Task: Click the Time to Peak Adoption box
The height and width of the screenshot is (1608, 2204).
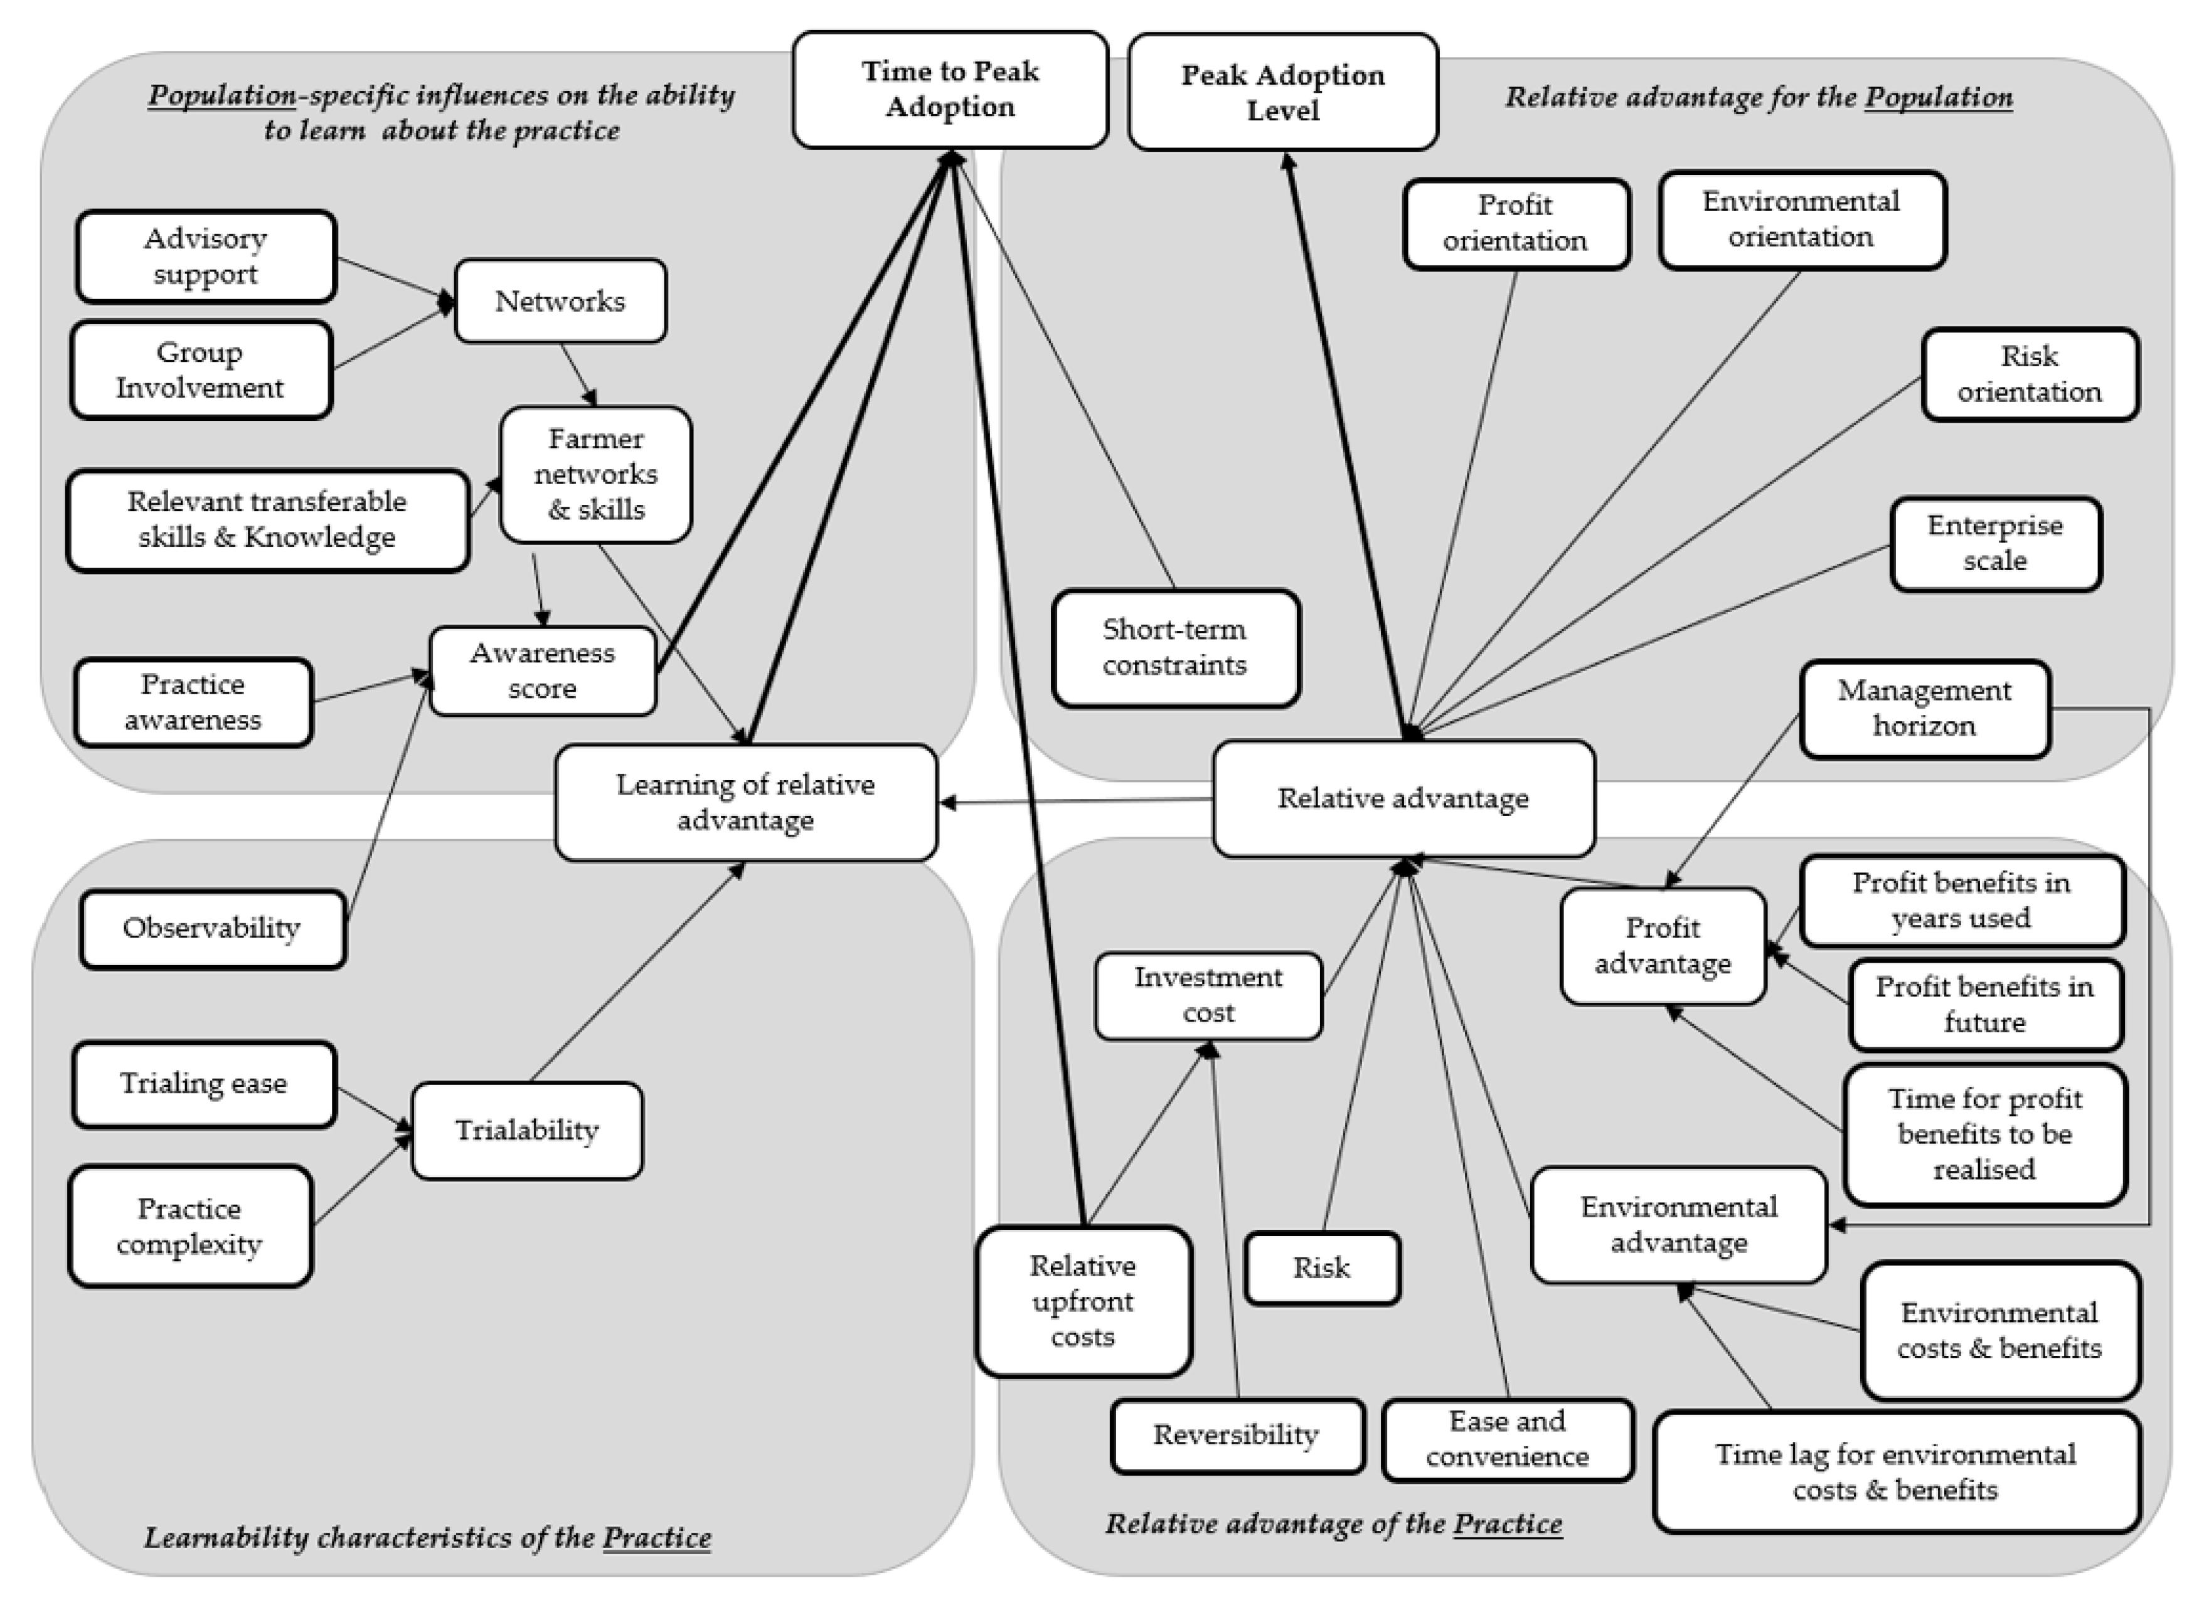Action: (x=949, y=90)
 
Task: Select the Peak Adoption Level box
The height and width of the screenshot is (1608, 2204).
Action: (x=1282, y=92)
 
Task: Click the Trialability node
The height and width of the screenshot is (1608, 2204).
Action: (x=526, y=1131)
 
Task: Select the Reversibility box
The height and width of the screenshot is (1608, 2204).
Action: (x=1237, y=1436)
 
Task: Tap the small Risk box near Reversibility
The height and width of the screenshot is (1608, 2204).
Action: (x=1321, y=1268)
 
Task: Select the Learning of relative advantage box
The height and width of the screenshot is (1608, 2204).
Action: (x=746, y=803)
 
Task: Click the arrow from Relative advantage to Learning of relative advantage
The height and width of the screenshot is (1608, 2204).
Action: (x=1076, y=801)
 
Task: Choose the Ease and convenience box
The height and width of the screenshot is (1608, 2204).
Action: (x=1507, y=1439)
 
